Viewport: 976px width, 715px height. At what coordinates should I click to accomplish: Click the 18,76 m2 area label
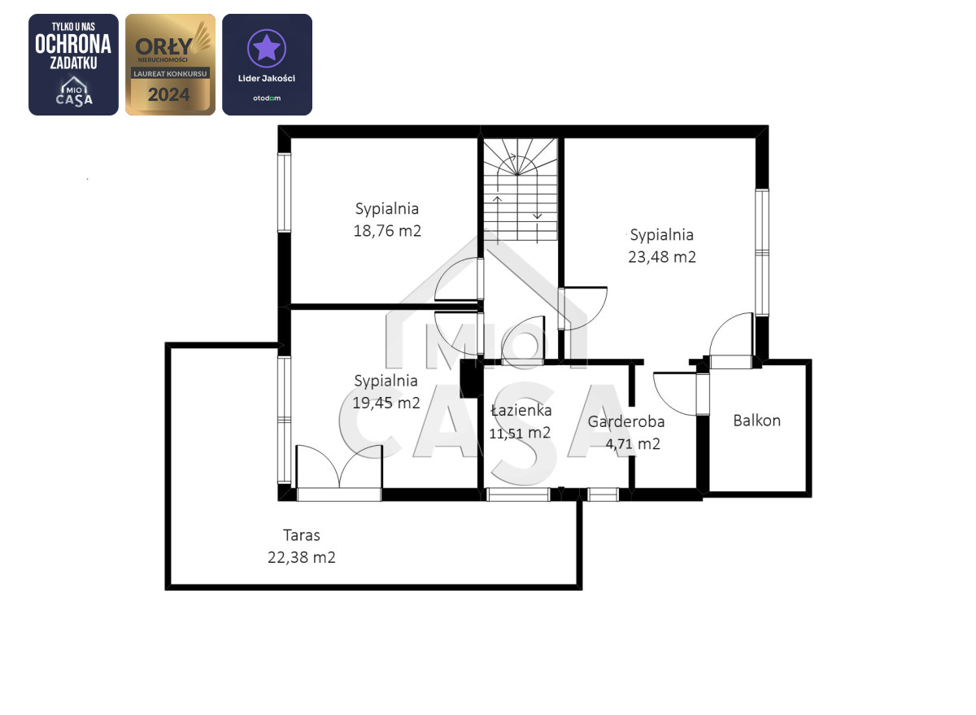pos(387,231)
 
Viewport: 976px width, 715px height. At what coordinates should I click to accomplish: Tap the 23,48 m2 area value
pos(662,257)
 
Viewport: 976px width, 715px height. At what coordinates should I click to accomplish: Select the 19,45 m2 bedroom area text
pos(386,403)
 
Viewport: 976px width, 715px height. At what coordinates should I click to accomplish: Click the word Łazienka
pos(521,411)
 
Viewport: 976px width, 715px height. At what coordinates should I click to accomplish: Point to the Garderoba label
pos(626,422)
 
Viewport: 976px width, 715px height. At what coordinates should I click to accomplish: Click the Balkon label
pos(757,421)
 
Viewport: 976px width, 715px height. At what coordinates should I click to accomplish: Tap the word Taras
pos(302,535)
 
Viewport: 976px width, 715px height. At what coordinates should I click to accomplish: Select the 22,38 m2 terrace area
pos(302,558)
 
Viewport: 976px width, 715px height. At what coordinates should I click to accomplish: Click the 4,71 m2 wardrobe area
pos(633,444)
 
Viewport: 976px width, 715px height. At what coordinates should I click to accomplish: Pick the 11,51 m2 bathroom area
pos(520,433)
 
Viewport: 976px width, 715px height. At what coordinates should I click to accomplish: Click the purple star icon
pos(267,47)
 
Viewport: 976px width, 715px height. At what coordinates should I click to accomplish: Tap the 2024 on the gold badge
pos(169,94)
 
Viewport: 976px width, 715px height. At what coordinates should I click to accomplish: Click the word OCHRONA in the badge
pos(73,44)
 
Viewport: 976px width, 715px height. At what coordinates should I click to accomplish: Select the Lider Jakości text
pos(267,78)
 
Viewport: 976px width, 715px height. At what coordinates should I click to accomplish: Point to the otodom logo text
pos(267,98)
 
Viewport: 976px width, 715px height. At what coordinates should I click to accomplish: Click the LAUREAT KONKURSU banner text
pos(170,74)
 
